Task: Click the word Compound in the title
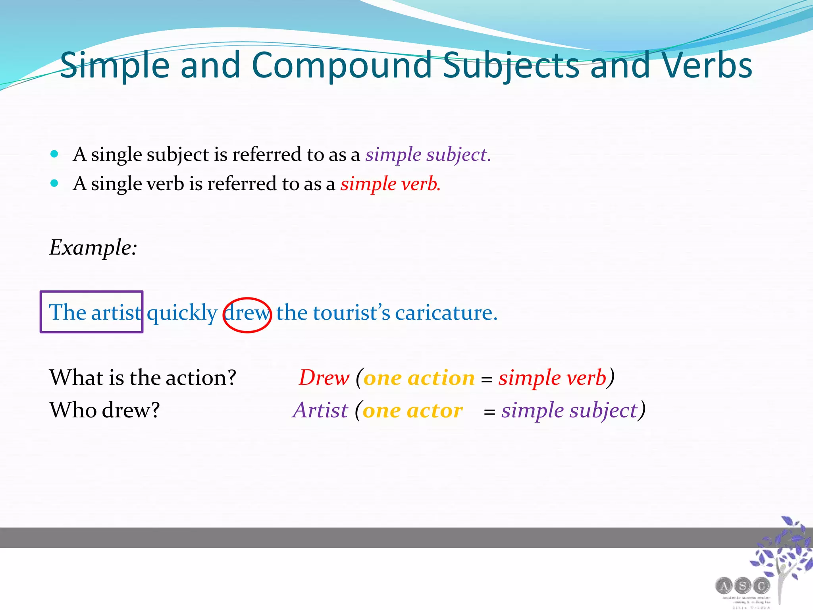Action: pyautogui.click(x=341, y=66)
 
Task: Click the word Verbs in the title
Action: pyautogui.click(x=701, y=66)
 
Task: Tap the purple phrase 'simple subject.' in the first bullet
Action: pyautogui.click(x=428, y=154)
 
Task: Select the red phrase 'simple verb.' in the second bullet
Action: pyautogui.click(x=390, y=184)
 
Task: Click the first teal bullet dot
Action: pyautogui.click(x=55, y=154)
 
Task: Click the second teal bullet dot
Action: pyautogui.click(x=55, y=183)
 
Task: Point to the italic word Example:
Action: pyautogui.click(x=93, y=247)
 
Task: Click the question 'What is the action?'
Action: pyautogui.click(x=143, y=377)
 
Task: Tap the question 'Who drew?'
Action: pyautogui.click(x=104, y=410)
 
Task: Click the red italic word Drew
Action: pyautogui.click(x=324, y=377)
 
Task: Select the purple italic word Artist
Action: pyautogui.click(x=320, y=410)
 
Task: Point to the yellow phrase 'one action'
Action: pyautogui.click(x=419, y=378)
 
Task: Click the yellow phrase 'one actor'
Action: pyautogui.click(x=412, y=410)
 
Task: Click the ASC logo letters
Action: pyautogui.click(x=742, y=585)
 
